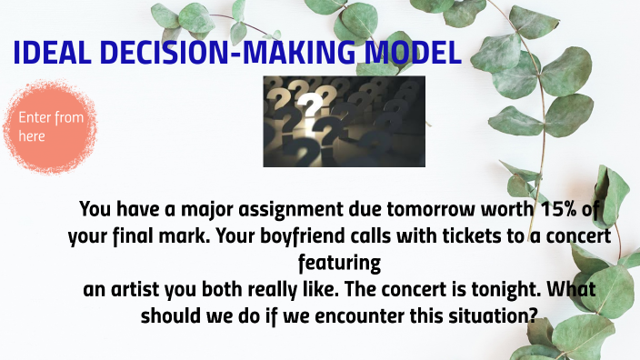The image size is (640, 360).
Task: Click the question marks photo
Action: [344, 121]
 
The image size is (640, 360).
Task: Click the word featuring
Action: [337, 263]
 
